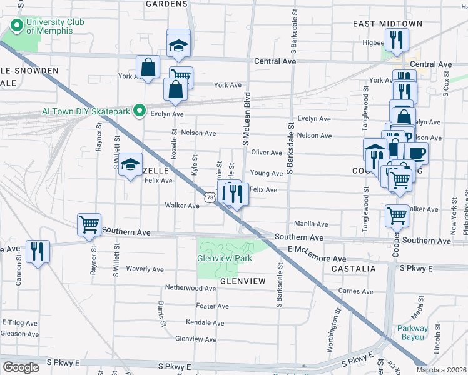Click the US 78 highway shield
210,197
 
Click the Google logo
21,367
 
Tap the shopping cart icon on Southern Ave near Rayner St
89,224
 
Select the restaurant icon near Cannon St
38,251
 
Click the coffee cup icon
415,152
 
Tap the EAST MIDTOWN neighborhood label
387,24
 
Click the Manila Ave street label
311,224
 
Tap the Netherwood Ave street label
190,288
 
